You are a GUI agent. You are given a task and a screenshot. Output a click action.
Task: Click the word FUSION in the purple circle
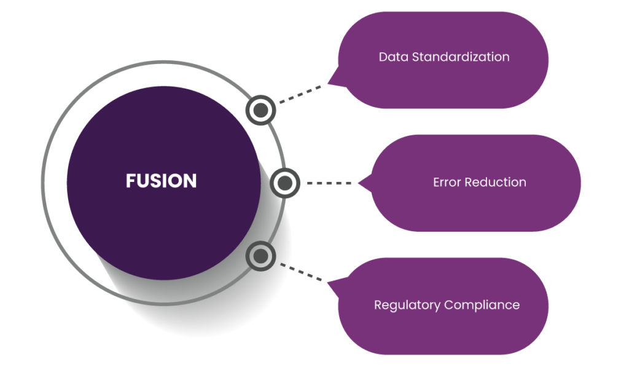[x=161, y=181]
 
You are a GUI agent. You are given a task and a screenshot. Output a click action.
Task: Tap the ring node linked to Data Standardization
[x=261, y=110]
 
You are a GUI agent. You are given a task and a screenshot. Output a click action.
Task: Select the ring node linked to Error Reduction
[x=284, y=183]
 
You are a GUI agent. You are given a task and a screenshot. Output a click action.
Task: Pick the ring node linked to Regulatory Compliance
[x=261, y=256]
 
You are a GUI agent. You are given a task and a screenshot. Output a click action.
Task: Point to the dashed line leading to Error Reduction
[x=329, y=183]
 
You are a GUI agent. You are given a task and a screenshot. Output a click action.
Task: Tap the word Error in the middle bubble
[x=447, y=183]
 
